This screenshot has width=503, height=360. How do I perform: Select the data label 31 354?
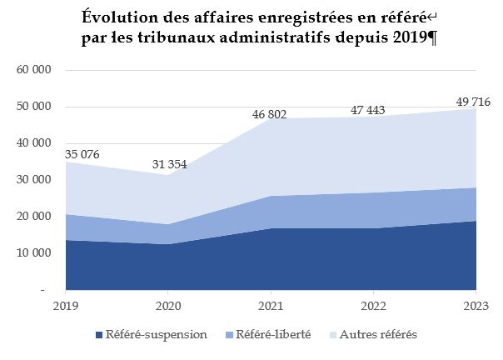point(169,164)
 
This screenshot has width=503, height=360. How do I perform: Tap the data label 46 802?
point(269,114)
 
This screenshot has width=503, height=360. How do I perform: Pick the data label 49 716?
point(472,102)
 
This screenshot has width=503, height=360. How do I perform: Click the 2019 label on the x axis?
point(65,306)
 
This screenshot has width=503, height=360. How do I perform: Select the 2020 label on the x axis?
point(168,306)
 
